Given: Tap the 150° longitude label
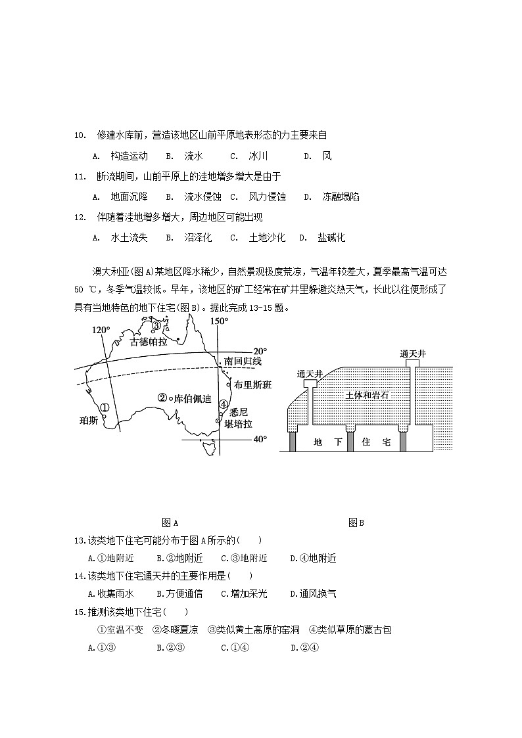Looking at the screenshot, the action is click(219, 321).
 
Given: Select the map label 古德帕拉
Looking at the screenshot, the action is click(149, 342).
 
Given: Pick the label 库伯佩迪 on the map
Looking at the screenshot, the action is click(192, 398).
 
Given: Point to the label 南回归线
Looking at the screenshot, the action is click(243, 361).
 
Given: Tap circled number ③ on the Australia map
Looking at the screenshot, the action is click(156, 325).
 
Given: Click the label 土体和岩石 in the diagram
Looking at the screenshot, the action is click(367, 394).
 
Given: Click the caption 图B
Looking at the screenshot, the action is click(356, 523).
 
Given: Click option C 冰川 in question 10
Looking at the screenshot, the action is click(250, 156).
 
